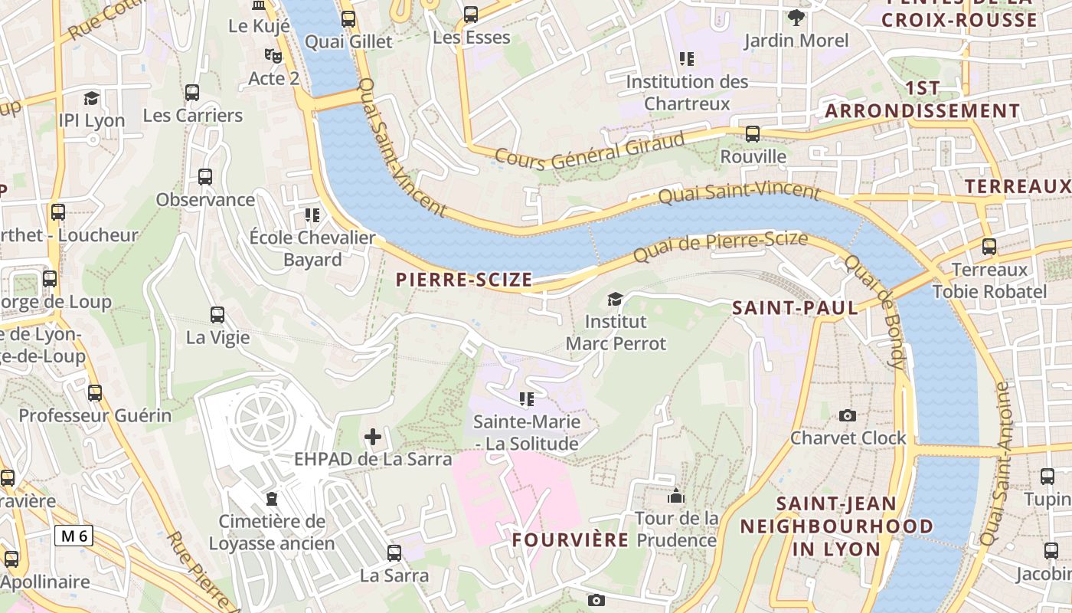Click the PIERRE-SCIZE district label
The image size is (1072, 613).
464,280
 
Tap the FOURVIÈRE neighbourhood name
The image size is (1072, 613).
570,539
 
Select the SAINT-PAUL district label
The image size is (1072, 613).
795,308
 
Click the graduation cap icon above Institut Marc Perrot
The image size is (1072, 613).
615,299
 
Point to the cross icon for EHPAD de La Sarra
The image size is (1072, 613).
373,437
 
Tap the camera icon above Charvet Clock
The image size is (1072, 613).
848,415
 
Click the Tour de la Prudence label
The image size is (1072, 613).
676,529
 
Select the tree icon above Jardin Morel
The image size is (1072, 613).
796,17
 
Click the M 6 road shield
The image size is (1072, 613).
74,536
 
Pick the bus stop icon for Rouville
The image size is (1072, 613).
753,134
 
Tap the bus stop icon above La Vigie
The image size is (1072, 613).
217,314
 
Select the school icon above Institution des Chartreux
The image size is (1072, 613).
687,58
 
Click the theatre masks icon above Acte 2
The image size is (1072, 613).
273,55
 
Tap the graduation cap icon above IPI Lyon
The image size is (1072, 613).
92,98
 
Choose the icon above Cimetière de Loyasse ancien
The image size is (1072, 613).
272,499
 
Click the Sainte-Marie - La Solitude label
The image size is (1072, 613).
526,432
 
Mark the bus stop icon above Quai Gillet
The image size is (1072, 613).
348,19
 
